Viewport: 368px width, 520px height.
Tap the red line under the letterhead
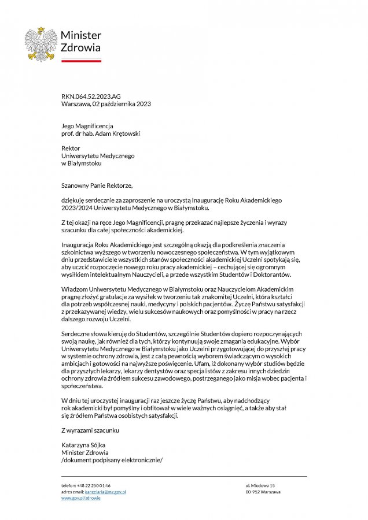pos(81,60)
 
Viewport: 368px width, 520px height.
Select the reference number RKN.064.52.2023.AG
pos(91,96)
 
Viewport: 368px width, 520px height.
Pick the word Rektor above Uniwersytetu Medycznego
pos(71,148)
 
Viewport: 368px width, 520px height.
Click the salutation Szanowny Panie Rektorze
pos(97,185)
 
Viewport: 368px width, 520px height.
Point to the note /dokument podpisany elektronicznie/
pos(112,460)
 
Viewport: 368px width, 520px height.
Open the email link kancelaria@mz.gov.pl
pos(105,492)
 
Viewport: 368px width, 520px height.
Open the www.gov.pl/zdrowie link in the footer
pos(81,498)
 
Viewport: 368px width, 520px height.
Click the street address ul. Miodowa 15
pos(260,485)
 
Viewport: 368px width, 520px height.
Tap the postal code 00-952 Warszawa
pos(263,492)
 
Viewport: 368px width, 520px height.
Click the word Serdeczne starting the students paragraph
pos(76,334)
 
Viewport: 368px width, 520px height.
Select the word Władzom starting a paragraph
pos(75,288)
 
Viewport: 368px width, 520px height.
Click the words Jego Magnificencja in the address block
pos(87,126)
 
